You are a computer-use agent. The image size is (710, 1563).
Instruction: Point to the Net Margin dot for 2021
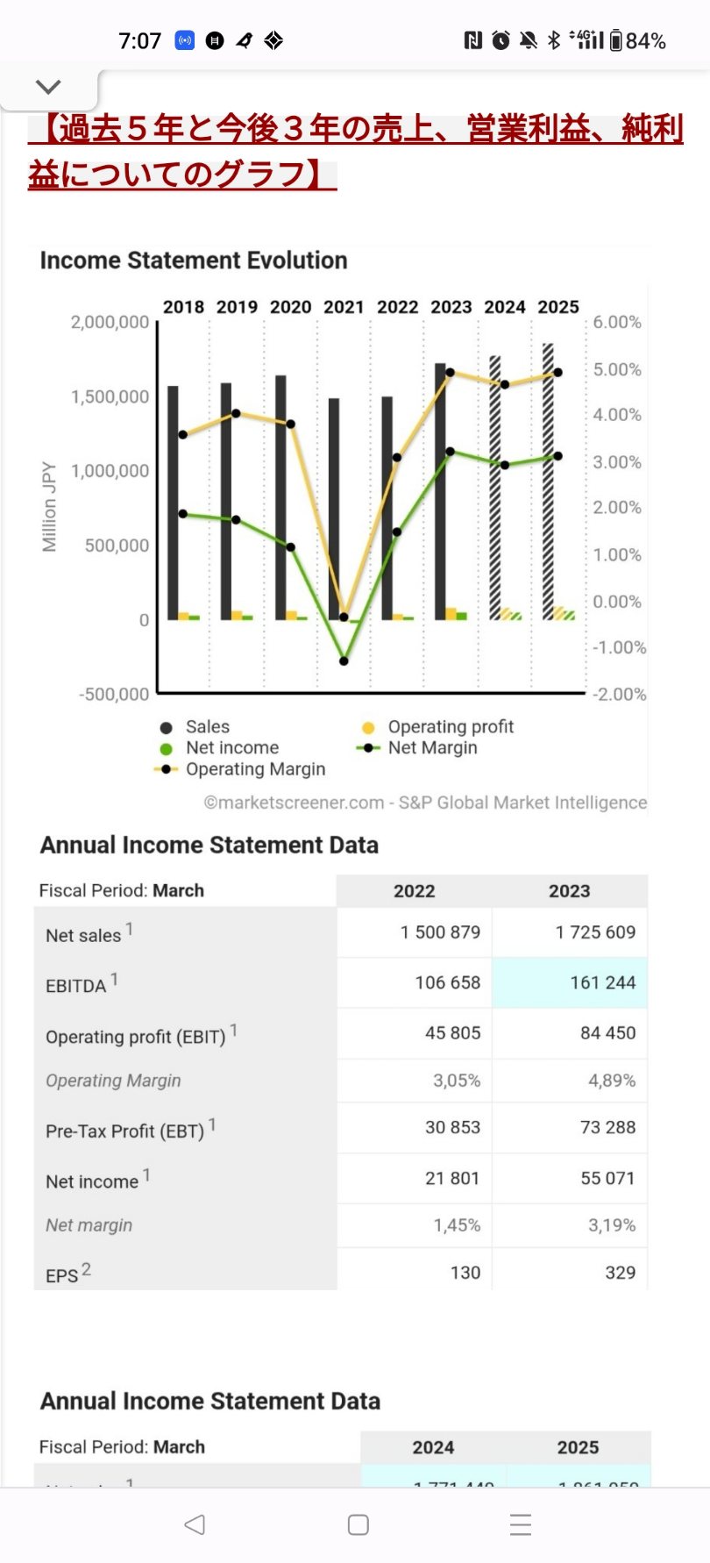pyautogui.click(x=344, y=660)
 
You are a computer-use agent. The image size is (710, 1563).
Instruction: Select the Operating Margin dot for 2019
pyautogui.click(x=236, y=413)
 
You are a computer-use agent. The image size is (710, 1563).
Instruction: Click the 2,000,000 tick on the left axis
pyautogui.click(x=110, y=322)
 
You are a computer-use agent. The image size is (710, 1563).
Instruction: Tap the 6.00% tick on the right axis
pyautogui.click(x=617, y=322)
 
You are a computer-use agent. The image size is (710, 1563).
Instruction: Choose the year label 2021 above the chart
pyautogui.click(x=344, y=307)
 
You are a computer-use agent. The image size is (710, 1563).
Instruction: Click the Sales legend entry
pyautogui.click(x=207, y=727)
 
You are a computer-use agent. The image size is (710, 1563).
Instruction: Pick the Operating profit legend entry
pyautogui.click(x=451, y=727)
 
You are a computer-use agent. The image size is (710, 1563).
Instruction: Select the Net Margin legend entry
pyautogui.click(x=432, y=748)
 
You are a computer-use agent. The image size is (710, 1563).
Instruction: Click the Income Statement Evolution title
pyautogui.click(x=194, y=260)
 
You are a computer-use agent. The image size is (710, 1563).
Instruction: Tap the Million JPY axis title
pyautogui.click(x=49, y=507)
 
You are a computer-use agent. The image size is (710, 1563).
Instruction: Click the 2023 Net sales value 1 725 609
pyautogui.click(x=595, y=932)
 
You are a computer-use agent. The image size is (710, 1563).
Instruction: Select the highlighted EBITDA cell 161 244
pyautogui.click(x=602, y=983)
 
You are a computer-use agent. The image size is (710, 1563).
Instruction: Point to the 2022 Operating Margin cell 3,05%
pyautogui.click(x=457, y=1081)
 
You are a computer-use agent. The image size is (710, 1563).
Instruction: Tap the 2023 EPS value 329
pyautogui.click(x=620, y=1273)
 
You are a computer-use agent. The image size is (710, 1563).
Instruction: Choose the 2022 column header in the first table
pyautogui.click(x=414, y=891)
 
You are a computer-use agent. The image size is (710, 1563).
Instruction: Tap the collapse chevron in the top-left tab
pyautogui.click(x=48, y=87)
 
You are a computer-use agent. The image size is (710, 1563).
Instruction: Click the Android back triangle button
pyautogui.click(x=195, y=1524)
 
